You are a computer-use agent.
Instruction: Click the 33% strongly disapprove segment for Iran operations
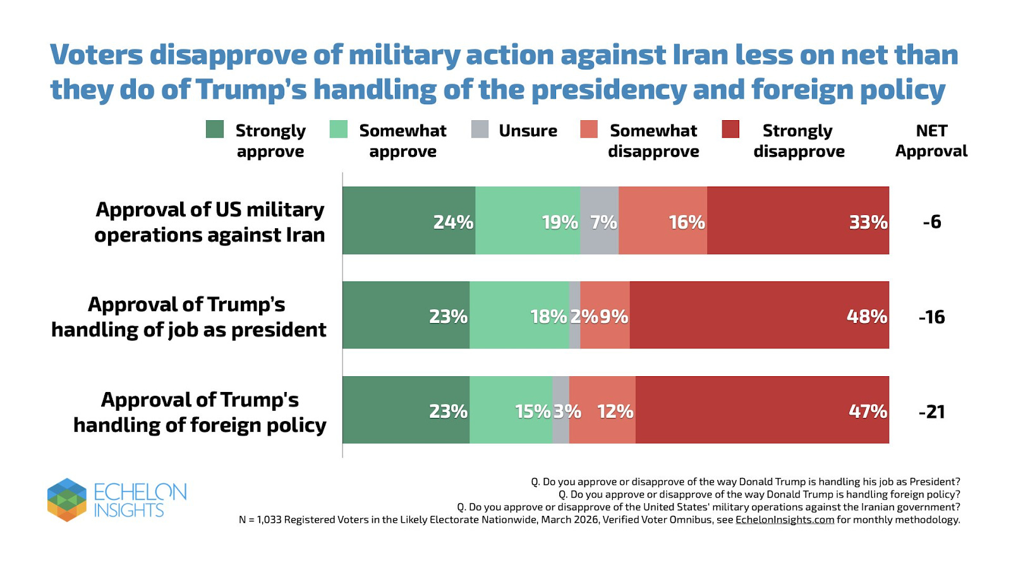[x=797, y=221]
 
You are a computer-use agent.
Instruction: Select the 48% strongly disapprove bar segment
[x=759, y=315]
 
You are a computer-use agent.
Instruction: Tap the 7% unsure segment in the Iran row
[x=599, y=221]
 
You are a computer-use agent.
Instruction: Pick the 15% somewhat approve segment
[x=511, y=410]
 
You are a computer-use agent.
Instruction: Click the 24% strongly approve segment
[x=408, y=221]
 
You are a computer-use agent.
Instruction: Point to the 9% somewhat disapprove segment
[x=605, y=315]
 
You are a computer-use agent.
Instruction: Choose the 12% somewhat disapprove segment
[x=602, y=410]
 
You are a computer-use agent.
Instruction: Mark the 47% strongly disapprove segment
[x=762, y=410]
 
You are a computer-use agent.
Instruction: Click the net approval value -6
[x=931, y=222]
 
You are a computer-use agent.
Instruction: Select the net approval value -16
[x=931, y=317]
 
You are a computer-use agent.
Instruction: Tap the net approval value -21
[x=931, y=412]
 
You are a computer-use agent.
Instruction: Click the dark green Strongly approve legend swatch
[x=215, y=130]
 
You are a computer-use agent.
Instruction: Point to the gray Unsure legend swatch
[x=480, y=130]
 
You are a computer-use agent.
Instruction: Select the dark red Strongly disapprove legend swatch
[x=730, y=130]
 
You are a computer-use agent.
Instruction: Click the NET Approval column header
[x=931, y=140]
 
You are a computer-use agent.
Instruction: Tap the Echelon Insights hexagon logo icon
[x=66, y=499]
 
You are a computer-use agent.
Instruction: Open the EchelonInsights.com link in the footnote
[x=785, y=520]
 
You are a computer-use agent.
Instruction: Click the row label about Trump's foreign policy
[x=200, y=412]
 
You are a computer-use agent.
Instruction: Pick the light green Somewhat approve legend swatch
[x=339, y=130]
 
